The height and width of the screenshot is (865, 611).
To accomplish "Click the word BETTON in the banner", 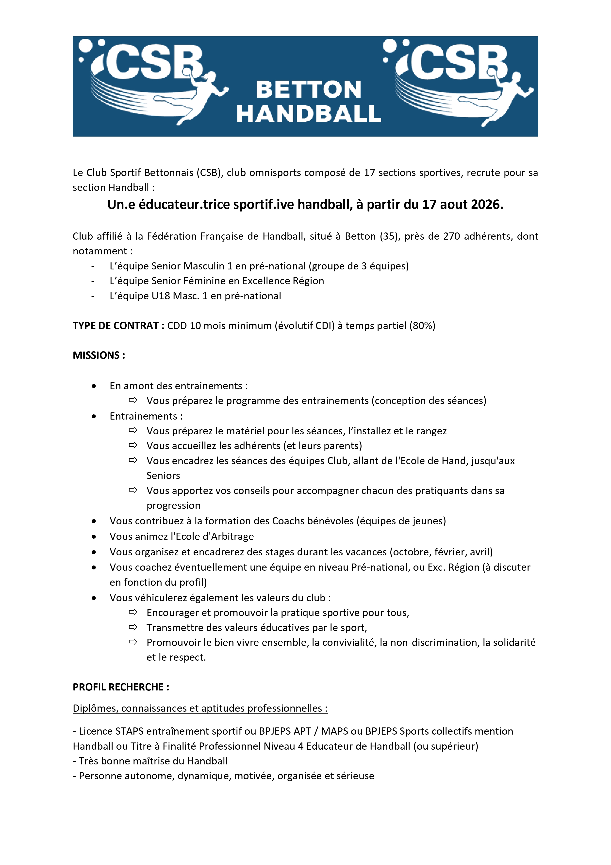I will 308,90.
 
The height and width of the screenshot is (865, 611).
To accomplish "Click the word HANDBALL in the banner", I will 308,114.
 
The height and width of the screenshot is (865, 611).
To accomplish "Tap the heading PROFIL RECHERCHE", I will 120,687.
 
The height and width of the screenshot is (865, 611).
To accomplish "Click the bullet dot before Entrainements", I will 94,416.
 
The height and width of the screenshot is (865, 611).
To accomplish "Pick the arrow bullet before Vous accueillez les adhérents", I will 133,445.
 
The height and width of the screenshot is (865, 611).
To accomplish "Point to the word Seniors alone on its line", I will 163,476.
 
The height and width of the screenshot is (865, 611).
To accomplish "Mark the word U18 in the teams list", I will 161,296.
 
